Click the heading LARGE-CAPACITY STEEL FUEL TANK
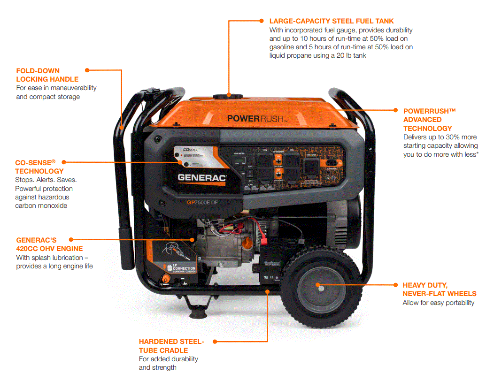pyautogui.click(x=332, y=21)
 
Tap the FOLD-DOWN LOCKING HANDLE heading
pyautogui.click(x=47, y=75)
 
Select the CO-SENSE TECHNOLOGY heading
pyautogui.click(x=39, y=167)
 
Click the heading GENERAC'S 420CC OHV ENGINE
pyautogui.click(x=49, y=244)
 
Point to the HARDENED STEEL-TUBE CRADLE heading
pyautogui.click(x=171, y=346)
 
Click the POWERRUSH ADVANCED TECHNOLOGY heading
pyautogui.click(x=429, y=120)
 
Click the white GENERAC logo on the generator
pyautogui.click(x=202, y=178)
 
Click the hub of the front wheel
pyautogui.click(x=317, y=285)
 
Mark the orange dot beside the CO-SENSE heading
pyautogui.click(x=63, y=162)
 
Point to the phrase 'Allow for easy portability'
pyautogui.click(x=438, y=303)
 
